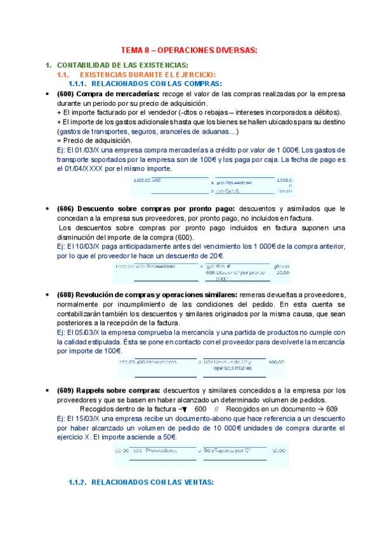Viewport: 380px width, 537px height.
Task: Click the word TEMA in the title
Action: [x=131, y=50]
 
